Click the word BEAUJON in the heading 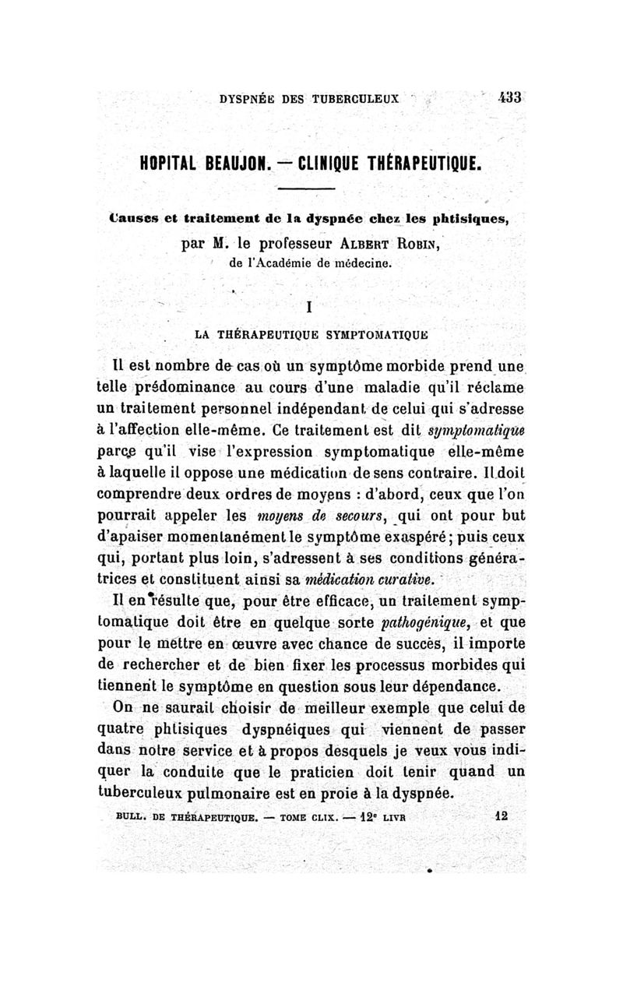click(x=233, y=164)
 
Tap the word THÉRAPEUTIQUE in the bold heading click(x=421, y=164)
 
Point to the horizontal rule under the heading click(x=306, y=190)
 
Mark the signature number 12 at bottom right click(x=501, y=818)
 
